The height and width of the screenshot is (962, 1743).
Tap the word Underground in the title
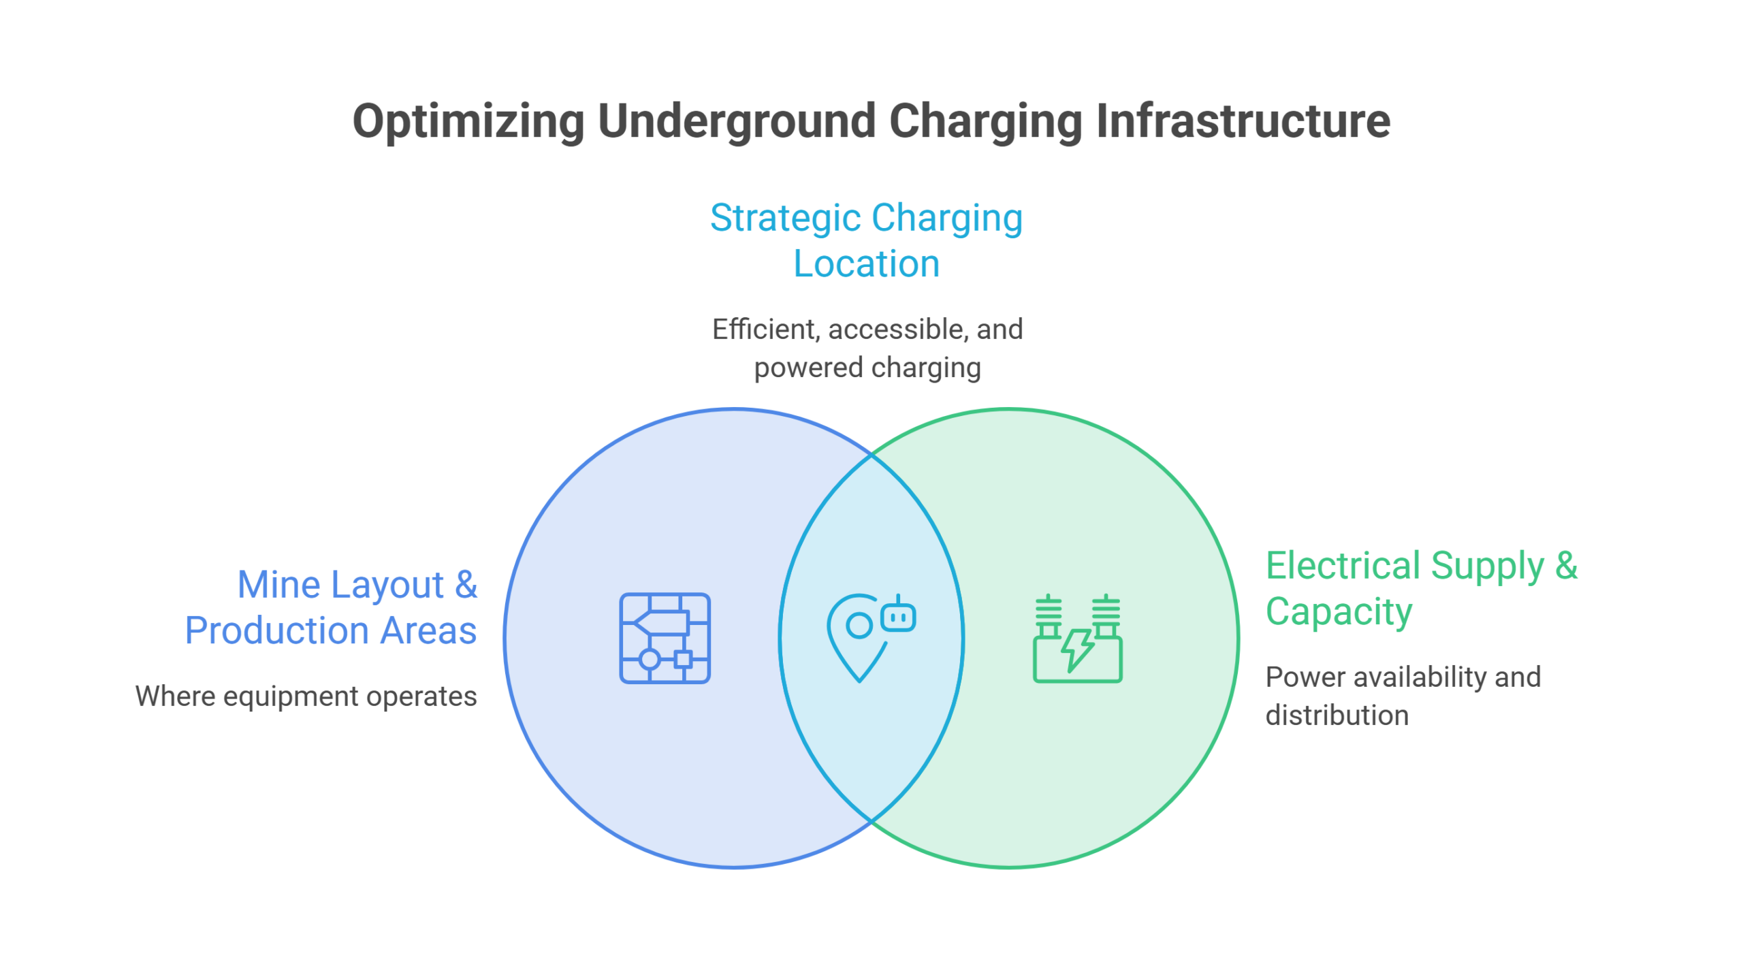[x=736, y=122]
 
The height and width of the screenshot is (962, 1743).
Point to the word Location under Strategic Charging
[x=867, y=264]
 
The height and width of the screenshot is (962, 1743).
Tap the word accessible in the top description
[x=898, y=330]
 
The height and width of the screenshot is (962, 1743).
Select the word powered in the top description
[x=808, y=368]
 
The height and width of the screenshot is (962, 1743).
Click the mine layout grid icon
[x=665, y=638]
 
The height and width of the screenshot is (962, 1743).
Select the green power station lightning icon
[x=1078, y=638]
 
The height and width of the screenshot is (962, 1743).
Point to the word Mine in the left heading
[x=279, y=585]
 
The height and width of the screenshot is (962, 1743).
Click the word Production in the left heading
[x=277, y=631]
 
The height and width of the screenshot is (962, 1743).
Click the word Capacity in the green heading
[x=1339, y=612]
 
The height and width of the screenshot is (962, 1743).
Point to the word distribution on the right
[x=1337, y=716]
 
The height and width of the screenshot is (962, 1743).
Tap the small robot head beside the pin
[x=898, y=614]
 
